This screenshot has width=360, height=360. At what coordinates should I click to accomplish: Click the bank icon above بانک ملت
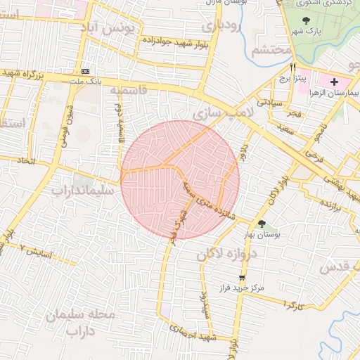pyautogui.click(x=86, y=71)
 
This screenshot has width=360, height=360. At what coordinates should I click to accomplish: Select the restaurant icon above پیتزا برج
pyautogui.click(x=292, y=67)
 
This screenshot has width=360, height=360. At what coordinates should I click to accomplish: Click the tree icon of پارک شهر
pyautogui.click(x=306, y=21)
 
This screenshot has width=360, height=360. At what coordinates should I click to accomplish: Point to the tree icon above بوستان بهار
pyautogui.click(x=262, y=224)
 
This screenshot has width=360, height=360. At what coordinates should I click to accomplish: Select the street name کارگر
pyautogui.click(x=291, y=304)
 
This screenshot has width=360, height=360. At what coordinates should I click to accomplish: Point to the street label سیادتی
pyautogui.click(x=269, y=103)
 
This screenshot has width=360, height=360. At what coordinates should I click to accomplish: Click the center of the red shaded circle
pyautogui.click(x=180, y=179)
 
